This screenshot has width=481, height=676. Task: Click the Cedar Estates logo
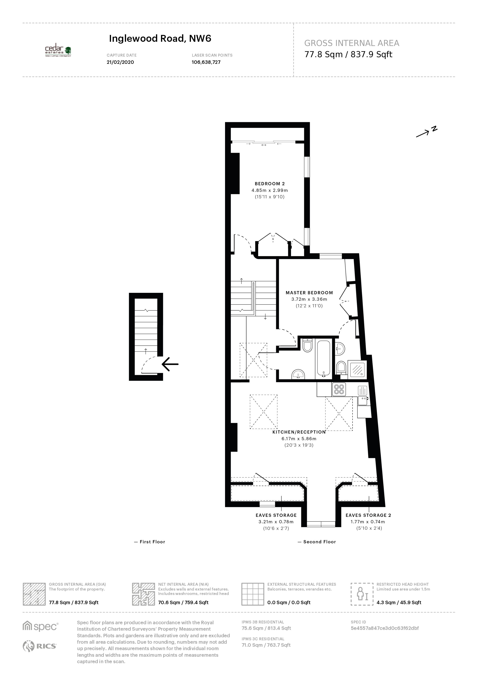point(58,52)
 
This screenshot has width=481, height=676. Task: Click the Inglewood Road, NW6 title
point(160,39)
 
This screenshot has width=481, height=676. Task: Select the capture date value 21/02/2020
point(120,62)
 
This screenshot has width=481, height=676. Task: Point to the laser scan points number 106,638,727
point(206,62)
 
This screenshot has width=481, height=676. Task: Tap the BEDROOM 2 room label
point(270,184)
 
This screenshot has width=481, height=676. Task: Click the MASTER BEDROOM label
point(309,293)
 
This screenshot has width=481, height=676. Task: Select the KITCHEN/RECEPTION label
point(299,432)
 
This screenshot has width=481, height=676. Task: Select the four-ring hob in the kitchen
point(339,389)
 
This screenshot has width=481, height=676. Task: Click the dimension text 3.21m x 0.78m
point(276,522)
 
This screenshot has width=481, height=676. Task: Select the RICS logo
point(39,646)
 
